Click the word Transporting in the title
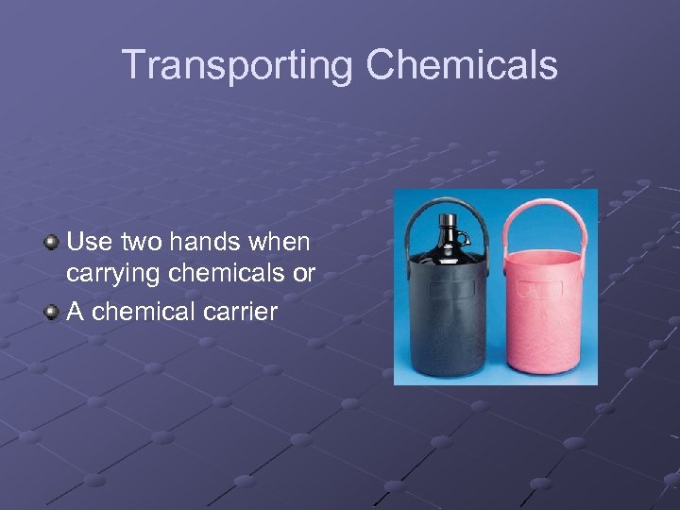(x=236, y=66)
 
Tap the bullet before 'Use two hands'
(x=52, y=244)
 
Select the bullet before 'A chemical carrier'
(x=52, y=312)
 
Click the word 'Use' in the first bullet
(x=88, y=243)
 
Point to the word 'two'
(x=141, y=243)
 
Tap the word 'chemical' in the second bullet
(x=141, y=311)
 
